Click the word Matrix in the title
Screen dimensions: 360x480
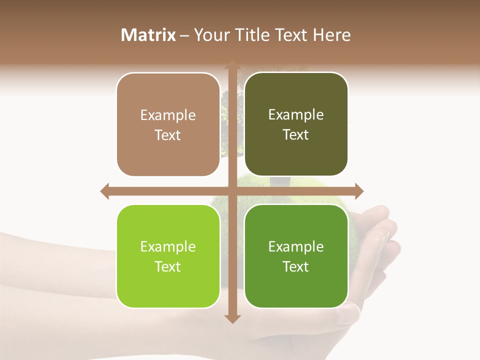(x=148, y=35)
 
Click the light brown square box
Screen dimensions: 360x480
(x=168, y=124)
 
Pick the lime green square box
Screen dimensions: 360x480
(x=168, y=256)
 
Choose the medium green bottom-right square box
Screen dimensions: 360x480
(x=296, y=256)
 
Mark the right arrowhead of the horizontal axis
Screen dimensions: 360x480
(x=359, y=191)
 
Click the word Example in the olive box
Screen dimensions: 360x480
(x=296, y=114)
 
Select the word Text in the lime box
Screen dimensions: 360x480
(x=168, y=266)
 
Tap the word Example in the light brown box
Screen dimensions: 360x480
(x=168, y=115)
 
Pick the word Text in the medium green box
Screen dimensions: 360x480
(x=296, y=266)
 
